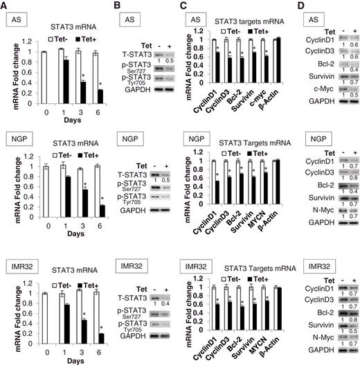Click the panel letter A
tap(5, 6)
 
